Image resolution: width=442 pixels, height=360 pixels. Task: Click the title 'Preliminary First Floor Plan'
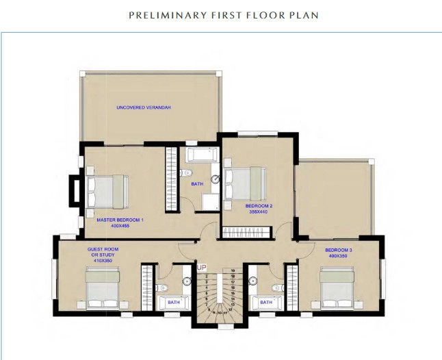[x=224, y=14]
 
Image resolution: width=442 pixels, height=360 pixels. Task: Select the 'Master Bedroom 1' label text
[x=120, y=220]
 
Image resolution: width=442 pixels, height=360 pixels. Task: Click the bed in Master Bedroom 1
[x=105, y=190]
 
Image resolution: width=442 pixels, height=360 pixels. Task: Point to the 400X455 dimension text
[x=120, y=226]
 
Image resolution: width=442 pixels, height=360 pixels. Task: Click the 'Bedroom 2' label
[x=259, y=205]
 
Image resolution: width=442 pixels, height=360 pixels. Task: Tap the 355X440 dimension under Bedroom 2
[x=259, y=211]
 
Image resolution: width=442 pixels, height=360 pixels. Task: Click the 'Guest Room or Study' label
[x=103, y=253]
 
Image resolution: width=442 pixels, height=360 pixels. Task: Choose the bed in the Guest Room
[x=103, y=287]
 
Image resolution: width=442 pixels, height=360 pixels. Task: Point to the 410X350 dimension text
[x=103, y=261]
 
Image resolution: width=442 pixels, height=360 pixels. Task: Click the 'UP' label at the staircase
[x=202, y=268]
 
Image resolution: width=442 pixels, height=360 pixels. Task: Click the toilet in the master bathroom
[x=185, y=173]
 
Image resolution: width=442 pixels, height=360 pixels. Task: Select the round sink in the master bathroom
[x=215, y=179]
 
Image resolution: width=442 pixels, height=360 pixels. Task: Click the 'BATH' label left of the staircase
[x=172, y=301]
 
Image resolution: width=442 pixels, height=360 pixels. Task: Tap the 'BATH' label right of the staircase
[x=266, y=301]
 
